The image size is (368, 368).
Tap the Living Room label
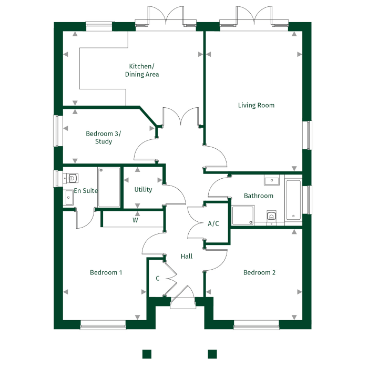point(256,105)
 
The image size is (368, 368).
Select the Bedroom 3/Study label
point(104,138)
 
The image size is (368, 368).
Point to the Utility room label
point(143,189)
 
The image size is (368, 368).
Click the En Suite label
point(86,191)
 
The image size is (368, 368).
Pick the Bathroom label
point(259,196)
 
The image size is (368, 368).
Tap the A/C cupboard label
point(213,223)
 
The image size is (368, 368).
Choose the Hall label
point(186,257)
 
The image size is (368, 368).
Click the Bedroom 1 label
point(106,272)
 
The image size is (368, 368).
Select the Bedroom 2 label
point(259,272)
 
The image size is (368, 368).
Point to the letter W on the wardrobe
point(135,220)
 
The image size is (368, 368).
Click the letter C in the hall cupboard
point(158,279)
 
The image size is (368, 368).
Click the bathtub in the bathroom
point(293,200)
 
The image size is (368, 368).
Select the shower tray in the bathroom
point(243,214)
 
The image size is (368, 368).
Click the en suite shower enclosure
point(109,187)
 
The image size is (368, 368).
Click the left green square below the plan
point(147,353)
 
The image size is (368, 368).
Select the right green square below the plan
point(212,353)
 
